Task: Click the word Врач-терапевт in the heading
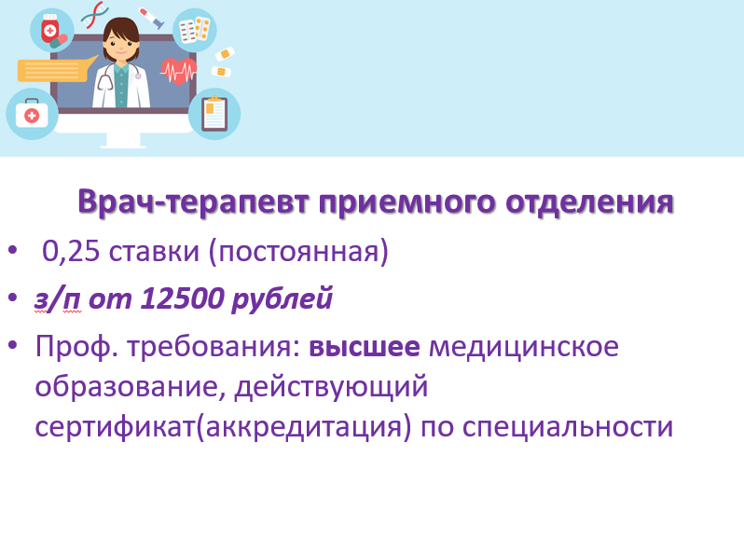(x=194, y=202)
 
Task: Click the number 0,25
(x=71, y=251)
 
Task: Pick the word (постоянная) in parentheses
(x=299, y=252)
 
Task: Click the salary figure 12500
(x=182, y=298)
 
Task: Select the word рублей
(x=282, y=299)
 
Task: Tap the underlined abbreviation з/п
(x=57, y=299)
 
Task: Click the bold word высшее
(x=365, y=347)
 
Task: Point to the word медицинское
(x=524, y=348)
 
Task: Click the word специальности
(x=568, y=427)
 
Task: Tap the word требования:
(x=214, y=347)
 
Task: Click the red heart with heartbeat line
(x=178, y=72)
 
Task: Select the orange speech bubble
(x=56, y=70)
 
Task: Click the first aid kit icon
(x=32, y=114)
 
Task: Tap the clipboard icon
(x=214, y=114)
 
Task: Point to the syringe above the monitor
(x=151, y=18)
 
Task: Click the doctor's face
(x=121, y=45)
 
